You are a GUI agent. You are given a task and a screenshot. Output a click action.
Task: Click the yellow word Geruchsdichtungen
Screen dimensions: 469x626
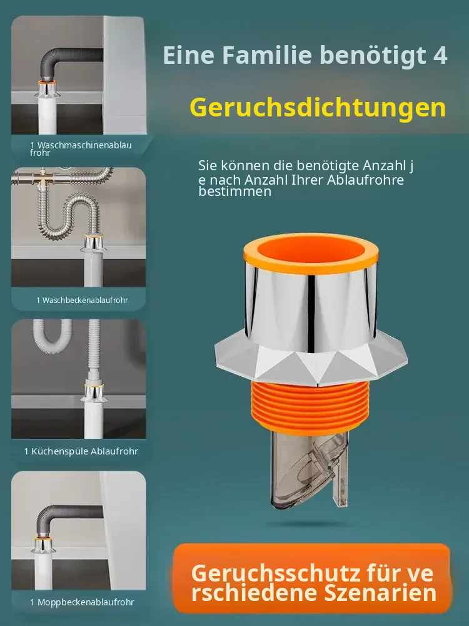(318, 108)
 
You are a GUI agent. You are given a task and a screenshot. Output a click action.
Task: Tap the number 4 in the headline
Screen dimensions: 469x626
(440, 54)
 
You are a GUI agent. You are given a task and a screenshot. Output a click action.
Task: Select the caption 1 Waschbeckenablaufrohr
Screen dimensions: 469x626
(82, 300)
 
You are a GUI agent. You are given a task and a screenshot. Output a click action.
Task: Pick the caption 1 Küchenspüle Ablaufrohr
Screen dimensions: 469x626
(81, 451)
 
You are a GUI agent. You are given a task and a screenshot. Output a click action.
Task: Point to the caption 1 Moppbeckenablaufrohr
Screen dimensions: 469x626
(82, 602)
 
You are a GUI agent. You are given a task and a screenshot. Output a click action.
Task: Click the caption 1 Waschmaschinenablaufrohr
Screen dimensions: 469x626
(81, 148)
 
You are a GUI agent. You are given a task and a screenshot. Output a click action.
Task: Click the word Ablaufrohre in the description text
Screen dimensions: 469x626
(365, 180)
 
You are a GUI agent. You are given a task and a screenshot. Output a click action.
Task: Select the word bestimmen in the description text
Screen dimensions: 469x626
(235, 191)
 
